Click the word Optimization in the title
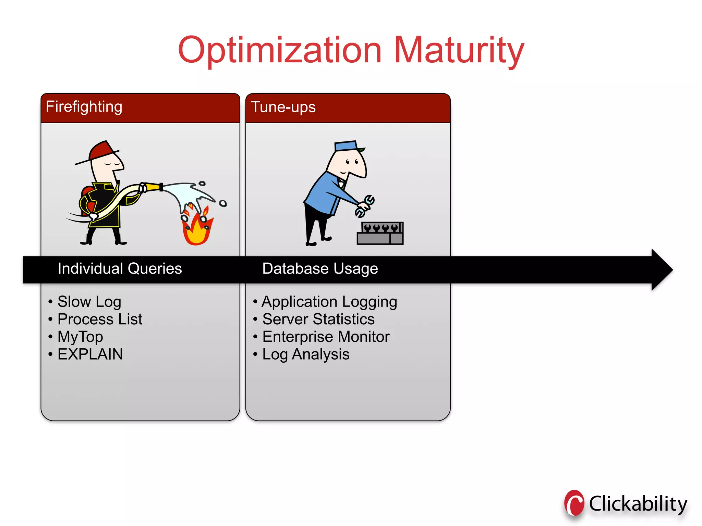pyautogui.click(x=279, y=51)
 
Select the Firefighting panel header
pyautogui.click(x=140, y=107)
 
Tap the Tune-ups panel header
pyautogui.click(x=348, y=107)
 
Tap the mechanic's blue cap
pyautogui.click(x=346, y=146)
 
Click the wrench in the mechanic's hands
pyautogui.click(x=365, y=206)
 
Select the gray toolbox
pyautogui.click(x=380, y=234)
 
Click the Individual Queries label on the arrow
pyautogui.click(x=120, y=269)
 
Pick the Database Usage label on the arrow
pyautogui.click(x=320, y=269)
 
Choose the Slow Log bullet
pyautogui.click(x=89, y=302)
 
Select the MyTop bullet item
pyautogui.click(x=80, y=337)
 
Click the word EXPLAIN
pyautogui.click(x=90, y=354)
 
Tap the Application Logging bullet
pyautogui.click(x=329, y=302)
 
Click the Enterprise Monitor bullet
pyautogui.click(x=326, y=337)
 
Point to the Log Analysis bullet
pyautogui.click(x=306, y=354)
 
